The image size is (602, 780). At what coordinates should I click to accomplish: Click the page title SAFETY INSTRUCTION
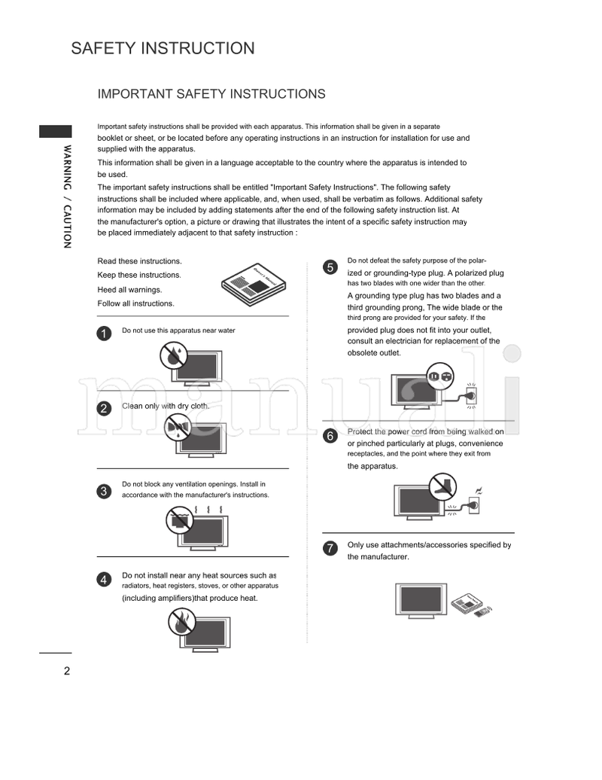[x=163, y=49]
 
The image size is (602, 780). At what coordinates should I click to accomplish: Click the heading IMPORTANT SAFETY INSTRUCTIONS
[x=211, y=94]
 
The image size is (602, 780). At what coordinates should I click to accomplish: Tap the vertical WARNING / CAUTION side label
[x=67, y=196]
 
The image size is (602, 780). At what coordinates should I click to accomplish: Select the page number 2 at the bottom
[x=67, y=672]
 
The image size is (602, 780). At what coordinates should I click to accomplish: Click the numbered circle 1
[x=105, y=333]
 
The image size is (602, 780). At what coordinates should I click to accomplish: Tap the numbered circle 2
[x=105, y=409]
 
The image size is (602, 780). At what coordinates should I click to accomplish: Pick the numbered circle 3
[x=105, y=492]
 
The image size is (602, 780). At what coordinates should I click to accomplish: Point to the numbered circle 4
[x=105, y=579]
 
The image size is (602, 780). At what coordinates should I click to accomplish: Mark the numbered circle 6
[x=330, y=436]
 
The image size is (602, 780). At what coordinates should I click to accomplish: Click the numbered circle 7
[x=330, y=548]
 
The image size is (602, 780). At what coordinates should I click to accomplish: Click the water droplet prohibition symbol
[x=175, y=354]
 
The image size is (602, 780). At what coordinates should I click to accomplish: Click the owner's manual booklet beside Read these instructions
[x=251, y=283]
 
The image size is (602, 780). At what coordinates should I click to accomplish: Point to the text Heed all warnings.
[x=129, y=290]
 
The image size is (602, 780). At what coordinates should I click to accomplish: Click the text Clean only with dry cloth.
[x=166, y=406]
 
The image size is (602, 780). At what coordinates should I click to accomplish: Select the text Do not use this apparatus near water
[x=184, y=331]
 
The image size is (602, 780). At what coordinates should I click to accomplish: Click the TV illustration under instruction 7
[x=420, y=600]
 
